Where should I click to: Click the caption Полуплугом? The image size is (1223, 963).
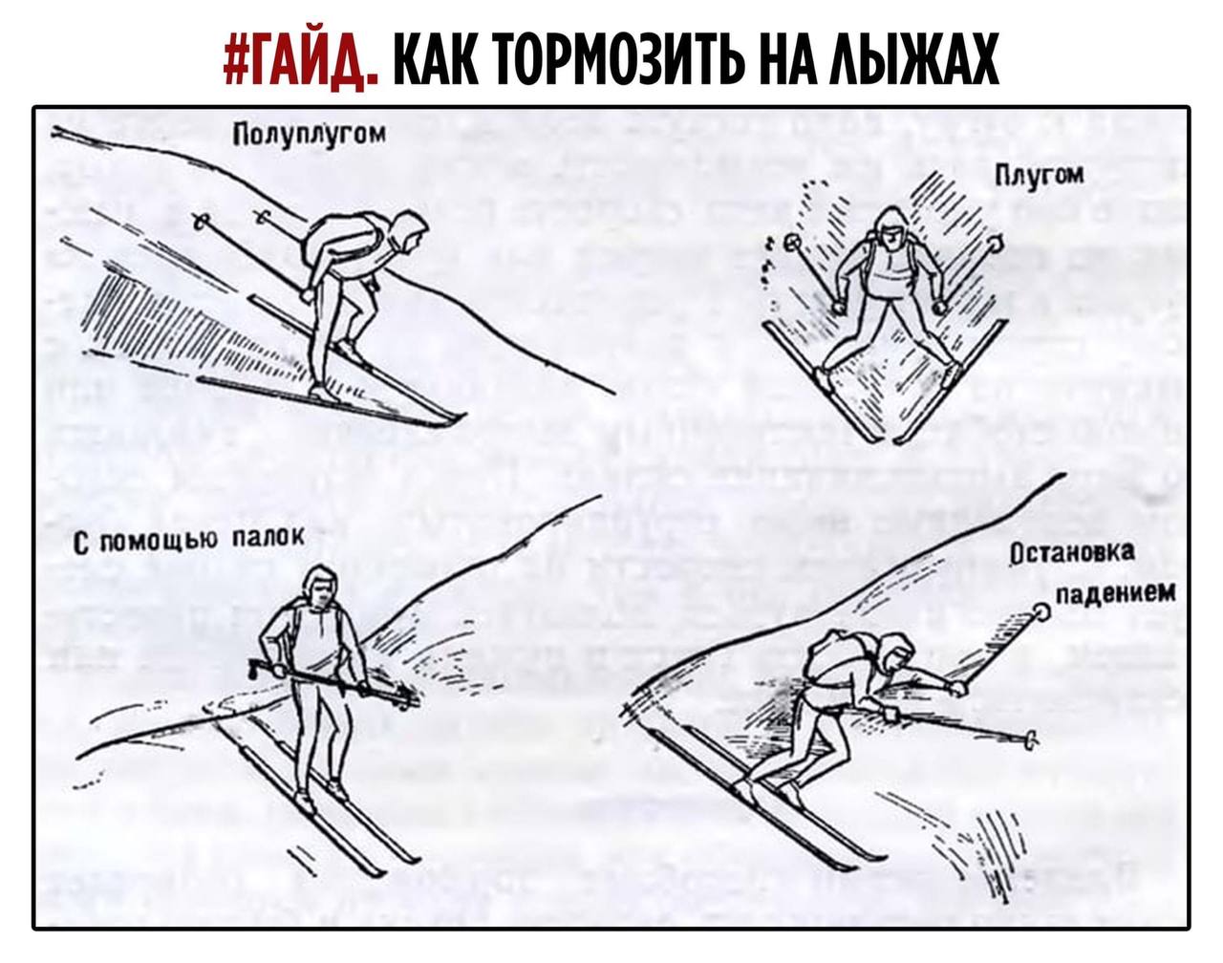click(310, 135)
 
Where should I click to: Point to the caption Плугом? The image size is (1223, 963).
click(1039, 175)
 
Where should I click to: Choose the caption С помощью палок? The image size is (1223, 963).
click(189, 539)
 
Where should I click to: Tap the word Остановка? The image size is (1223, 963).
click(1071, 552)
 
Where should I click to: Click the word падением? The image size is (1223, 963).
click(1115, 594)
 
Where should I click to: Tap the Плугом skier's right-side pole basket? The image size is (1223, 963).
click(996, 244)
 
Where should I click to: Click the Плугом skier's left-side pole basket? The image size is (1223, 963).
click(792, 244)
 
